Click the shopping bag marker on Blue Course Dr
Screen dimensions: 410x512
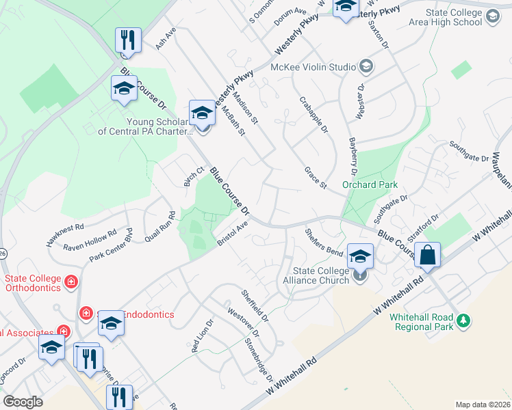coord(427,256)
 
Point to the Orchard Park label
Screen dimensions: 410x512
coord(369,184)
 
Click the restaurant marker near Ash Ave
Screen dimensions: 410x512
coord(128,42)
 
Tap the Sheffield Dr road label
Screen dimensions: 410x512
coord(255,305)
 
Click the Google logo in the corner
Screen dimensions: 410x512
coord(23,402)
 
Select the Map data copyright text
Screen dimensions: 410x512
coord(483,405)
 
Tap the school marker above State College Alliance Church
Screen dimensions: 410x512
coord(360,257)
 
